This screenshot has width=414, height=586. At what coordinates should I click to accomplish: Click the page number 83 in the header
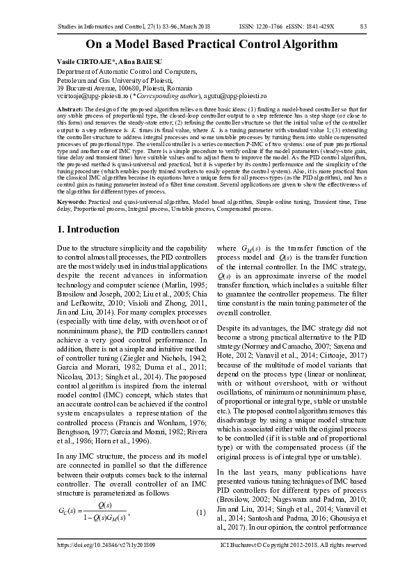pos(363,27)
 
